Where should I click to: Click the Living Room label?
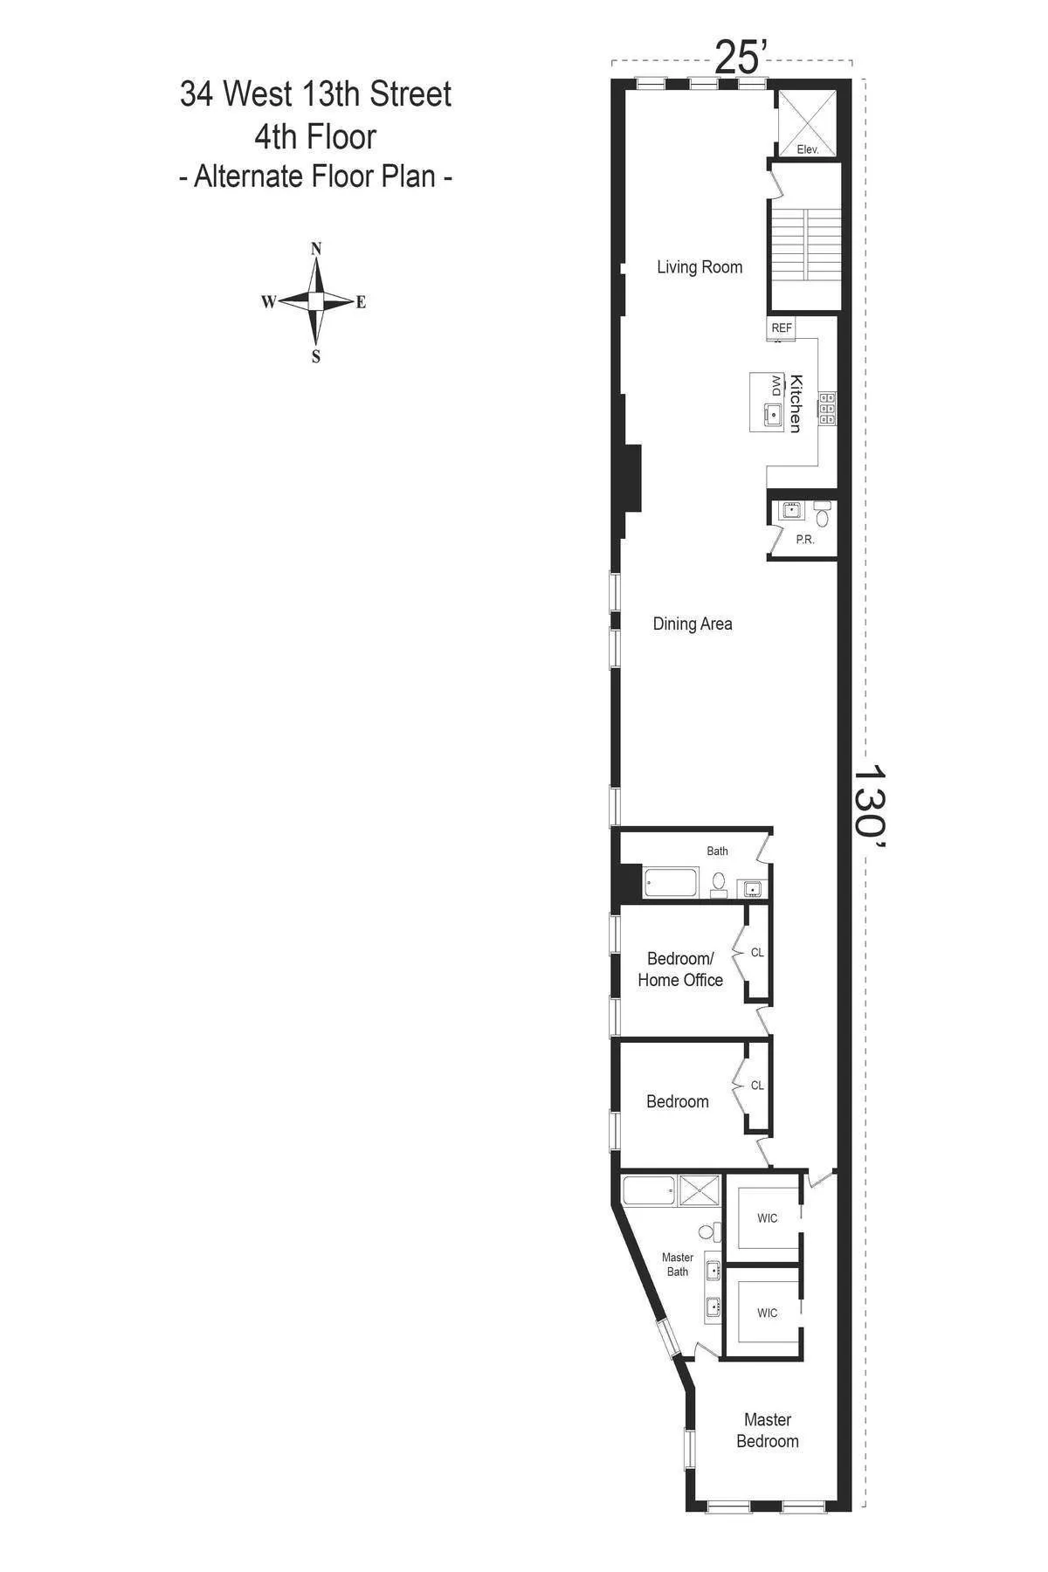700,267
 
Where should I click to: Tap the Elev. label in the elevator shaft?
808,150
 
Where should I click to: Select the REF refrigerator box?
782,328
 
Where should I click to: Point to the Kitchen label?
796,403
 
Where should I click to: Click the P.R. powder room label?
805,540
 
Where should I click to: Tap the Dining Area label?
693,624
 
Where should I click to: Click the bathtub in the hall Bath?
671,883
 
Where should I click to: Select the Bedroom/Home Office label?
680,969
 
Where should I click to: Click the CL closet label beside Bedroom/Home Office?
757,953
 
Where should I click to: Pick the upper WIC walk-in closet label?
767,1218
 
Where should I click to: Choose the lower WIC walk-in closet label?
767,1313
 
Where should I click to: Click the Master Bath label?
678,1265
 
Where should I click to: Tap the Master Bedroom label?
767,1431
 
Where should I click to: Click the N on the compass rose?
316,249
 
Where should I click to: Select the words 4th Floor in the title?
315,137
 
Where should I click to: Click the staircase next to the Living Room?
803,259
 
